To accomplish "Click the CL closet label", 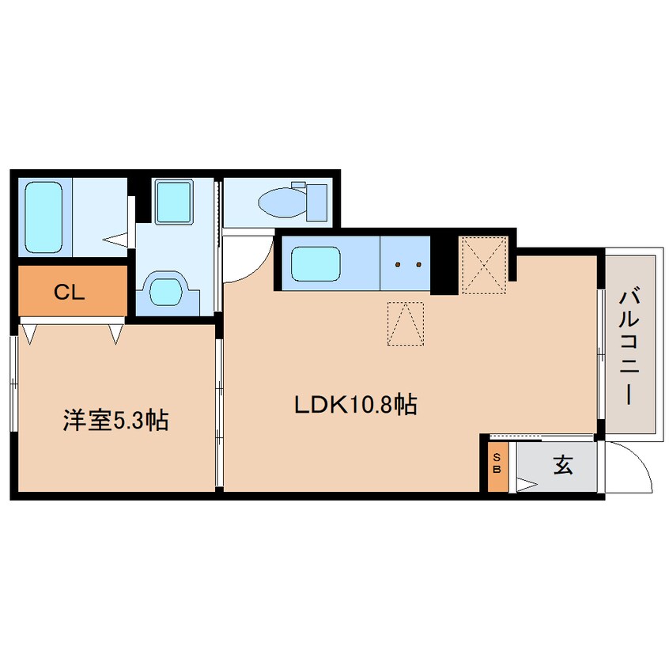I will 70,292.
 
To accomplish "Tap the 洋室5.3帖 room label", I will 115,421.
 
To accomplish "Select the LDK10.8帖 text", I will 356,405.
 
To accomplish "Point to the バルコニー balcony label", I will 630,346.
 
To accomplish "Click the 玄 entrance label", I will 562,466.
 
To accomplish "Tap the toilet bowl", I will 280,202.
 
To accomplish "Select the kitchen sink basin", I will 316,263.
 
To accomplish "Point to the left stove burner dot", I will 399,264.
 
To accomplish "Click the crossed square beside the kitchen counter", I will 482,265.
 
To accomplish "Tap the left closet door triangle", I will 29,333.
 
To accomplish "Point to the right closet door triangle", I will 117,333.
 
